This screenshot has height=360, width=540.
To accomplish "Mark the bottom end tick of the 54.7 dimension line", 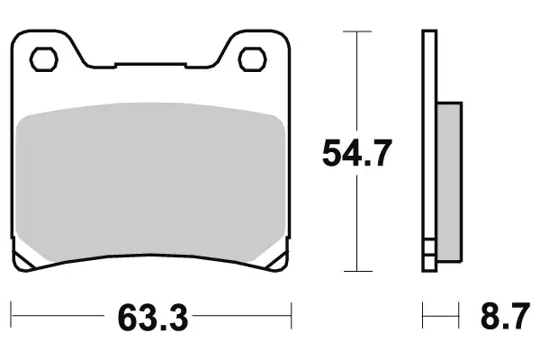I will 357,271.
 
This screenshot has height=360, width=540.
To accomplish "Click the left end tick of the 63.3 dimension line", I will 13,317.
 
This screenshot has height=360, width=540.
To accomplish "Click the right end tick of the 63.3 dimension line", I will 292,317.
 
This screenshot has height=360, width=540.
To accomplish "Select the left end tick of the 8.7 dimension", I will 423,317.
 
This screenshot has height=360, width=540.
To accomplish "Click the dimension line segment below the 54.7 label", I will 357,225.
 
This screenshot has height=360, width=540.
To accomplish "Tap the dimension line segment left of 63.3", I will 58,317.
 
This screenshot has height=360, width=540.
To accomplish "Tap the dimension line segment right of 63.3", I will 243,317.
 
